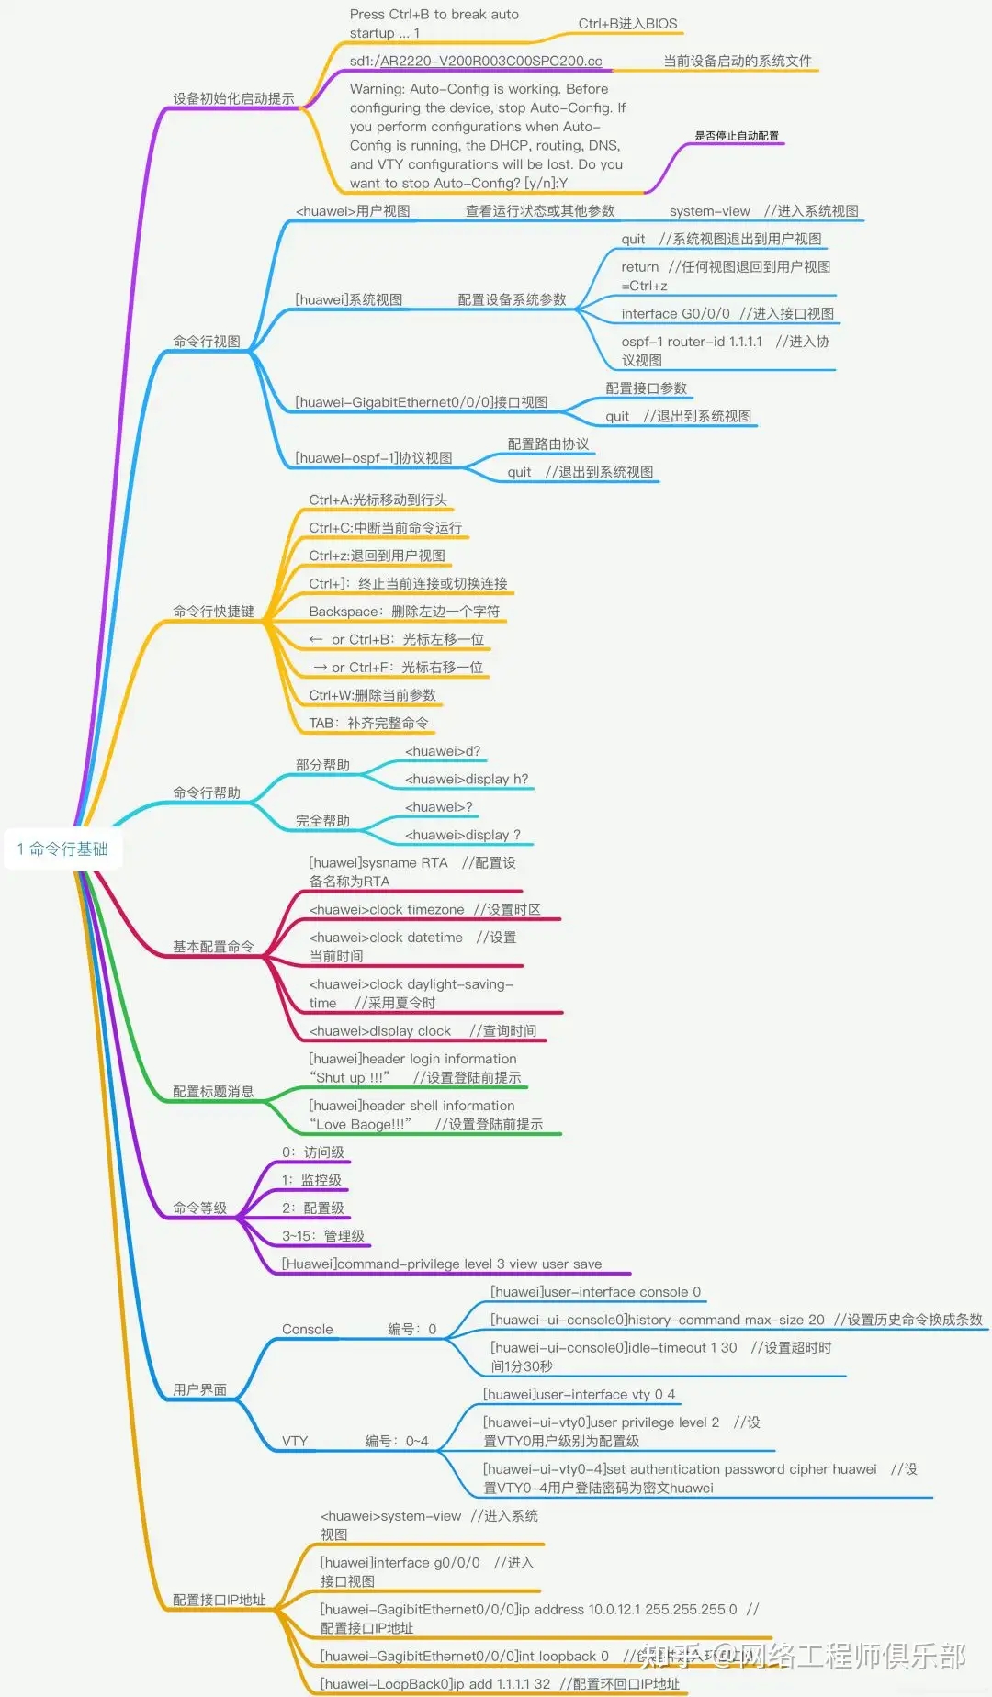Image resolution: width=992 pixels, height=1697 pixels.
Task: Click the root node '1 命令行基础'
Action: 62,848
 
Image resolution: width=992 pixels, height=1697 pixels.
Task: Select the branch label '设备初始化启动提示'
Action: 233,98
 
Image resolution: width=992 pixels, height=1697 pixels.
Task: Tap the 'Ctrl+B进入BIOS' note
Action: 627,24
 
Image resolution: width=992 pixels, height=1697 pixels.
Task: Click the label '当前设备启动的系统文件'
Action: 738,62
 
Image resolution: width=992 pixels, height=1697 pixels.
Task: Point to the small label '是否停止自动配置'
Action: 737,136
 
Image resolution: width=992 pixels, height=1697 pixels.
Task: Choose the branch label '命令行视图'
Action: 207,342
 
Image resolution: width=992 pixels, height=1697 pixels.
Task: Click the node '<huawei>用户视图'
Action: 353,211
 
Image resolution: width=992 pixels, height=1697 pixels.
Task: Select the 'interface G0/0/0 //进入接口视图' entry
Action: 727,314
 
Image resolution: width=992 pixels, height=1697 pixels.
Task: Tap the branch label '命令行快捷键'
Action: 213,612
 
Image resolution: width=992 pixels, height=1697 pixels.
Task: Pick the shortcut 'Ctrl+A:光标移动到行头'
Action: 378,500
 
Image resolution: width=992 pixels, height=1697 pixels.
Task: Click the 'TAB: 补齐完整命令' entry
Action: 368,724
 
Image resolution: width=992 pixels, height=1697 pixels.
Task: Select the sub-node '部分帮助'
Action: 322,765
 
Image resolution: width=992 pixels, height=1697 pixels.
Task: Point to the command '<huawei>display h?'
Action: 467,780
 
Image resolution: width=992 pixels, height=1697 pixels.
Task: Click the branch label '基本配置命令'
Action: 213,947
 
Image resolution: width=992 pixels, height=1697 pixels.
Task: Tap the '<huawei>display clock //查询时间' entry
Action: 423,1031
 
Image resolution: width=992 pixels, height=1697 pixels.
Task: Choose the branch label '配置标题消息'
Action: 213,1092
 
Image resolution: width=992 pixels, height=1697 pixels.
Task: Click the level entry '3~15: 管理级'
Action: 322,1236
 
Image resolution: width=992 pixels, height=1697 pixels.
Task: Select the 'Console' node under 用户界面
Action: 308,1330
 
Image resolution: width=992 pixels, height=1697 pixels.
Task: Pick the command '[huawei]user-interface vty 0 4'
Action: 579,1395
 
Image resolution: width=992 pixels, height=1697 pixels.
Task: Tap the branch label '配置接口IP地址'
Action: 219,1600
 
